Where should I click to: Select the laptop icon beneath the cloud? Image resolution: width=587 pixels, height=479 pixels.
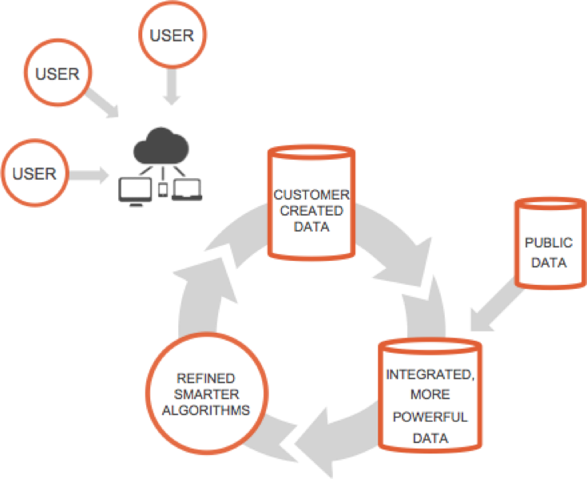tap(189, 190)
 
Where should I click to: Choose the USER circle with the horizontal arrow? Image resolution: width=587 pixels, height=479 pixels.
tap(34, 173)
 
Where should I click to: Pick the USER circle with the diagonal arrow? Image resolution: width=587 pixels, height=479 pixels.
tap(58, 74)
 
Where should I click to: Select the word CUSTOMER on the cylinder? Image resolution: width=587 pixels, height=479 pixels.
tap(311, 194)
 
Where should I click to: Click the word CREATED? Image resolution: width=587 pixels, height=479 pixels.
tap(311, 211)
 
